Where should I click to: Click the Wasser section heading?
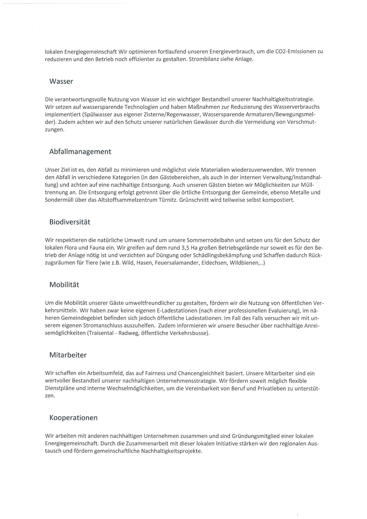click(61, 81)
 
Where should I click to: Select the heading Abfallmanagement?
click(80, 152)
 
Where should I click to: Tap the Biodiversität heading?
click(70, 222)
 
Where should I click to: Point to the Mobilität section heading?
click(64, 285)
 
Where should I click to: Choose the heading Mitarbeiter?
click(68, 355)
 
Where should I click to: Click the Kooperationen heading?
click(73, 418)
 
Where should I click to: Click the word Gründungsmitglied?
click(256, 436)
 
